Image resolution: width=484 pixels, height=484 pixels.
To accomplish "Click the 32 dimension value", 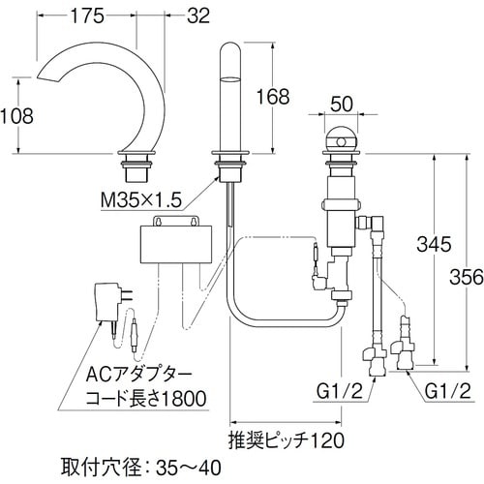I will point(198,15).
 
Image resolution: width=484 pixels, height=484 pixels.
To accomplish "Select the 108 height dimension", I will point(17,115).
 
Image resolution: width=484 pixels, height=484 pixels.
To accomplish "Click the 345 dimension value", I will point(436,246).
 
